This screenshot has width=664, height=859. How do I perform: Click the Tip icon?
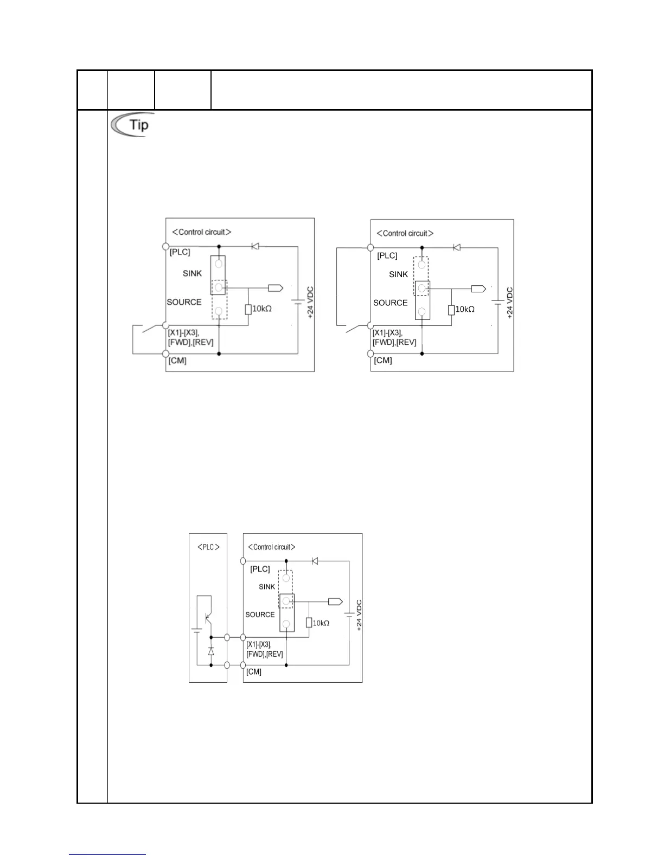click(130, 125)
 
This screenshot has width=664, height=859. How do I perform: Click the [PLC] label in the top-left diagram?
click(180, 252)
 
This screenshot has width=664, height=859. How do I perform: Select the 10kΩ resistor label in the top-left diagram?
click(262, 309)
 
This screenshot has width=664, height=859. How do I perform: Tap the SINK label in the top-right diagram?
click(398, 274)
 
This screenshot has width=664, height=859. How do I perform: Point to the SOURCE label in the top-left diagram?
click(184, 302)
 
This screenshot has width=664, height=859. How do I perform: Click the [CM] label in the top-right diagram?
click(383, 361)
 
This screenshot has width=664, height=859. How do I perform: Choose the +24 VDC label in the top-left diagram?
click(311, 303)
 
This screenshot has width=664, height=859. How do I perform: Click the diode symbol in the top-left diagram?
click(255, 246)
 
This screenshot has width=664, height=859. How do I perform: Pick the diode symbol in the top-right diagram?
click(457, 247)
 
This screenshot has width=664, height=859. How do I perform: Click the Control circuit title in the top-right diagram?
click(405, 233)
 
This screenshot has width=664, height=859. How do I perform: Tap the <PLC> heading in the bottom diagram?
click(208, 547)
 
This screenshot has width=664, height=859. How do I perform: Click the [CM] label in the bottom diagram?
click(254, 672)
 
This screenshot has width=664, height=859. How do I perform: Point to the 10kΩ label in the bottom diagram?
click(321, 623)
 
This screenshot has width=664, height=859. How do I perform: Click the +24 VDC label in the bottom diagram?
click(359, 616)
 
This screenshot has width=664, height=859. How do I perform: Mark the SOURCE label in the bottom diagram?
click(260, 614)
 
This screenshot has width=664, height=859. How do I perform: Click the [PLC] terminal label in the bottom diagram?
click(260, 569)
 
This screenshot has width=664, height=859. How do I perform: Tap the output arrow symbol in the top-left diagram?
click(276, 288)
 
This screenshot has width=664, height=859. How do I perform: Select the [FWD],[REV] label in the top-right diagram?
click(394, 342)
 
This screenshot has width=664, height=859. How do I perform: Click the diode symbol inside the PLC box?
click(211, 651)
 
